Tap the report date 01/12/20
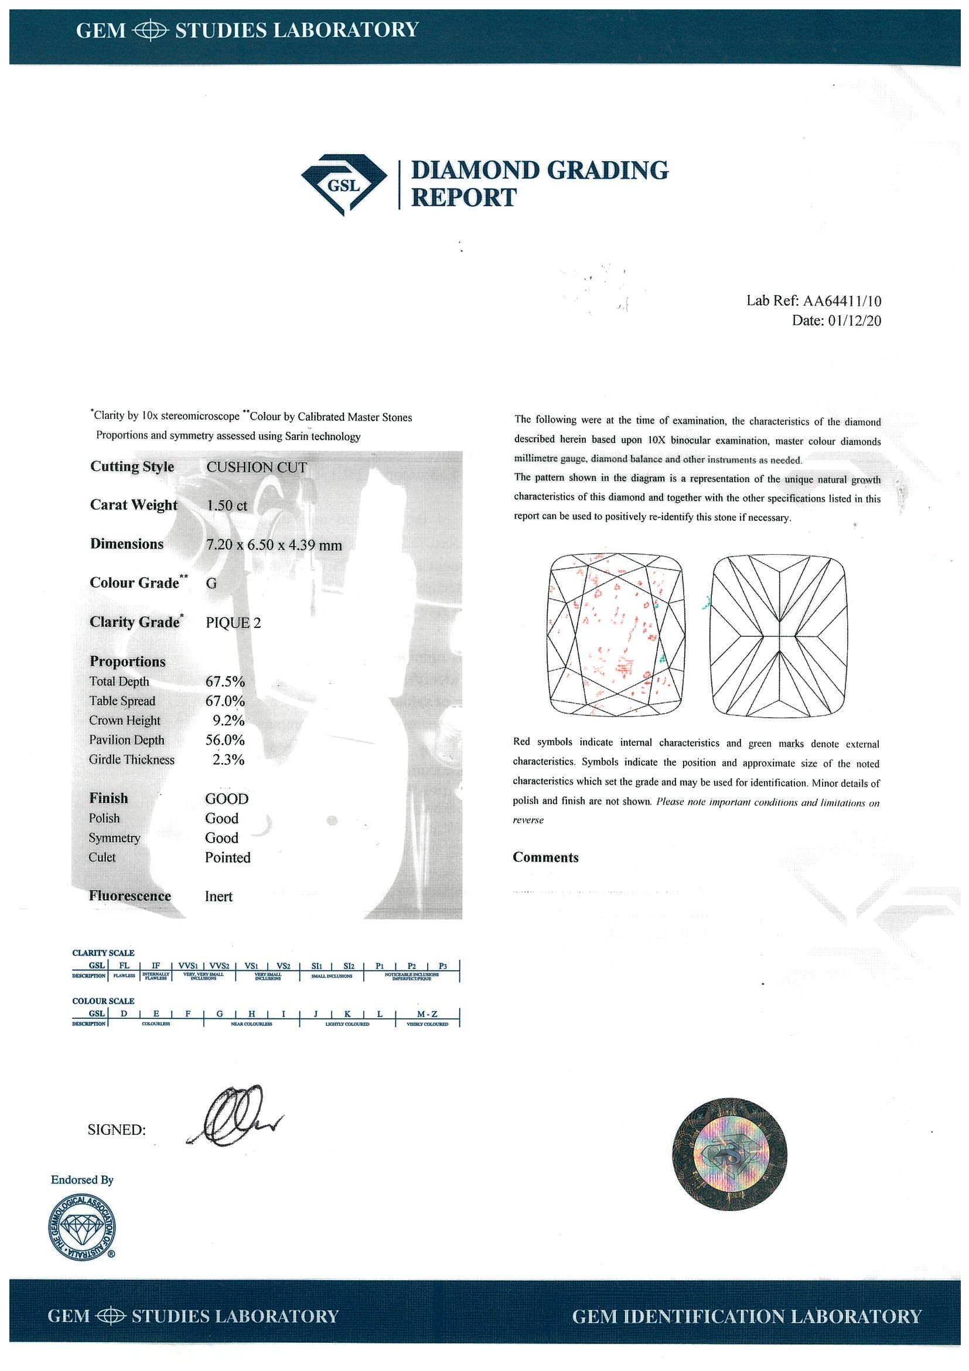[x=854, y=320]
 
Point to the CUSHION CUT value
[x=256, y=467]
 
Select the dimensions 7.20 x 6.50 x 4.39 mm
[x=274, y=544]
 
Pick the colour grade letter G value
[x=211, y=584]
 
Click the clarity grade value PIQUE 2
[x=233, y=623]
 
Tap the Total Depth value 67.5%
[x=225, y=681]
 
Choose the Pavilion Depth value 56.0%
[x=225, y=740]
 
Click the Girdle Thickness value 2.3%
[x=228, y=759]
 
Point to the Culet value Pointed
[x=227, y=858]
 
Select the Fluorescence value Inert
[x=219, y=896]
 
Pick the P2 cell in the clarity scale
[x=411, y=966]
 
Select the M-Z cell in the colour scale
[x=428, y=1014]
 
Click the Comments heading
[x=545, y=858]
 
